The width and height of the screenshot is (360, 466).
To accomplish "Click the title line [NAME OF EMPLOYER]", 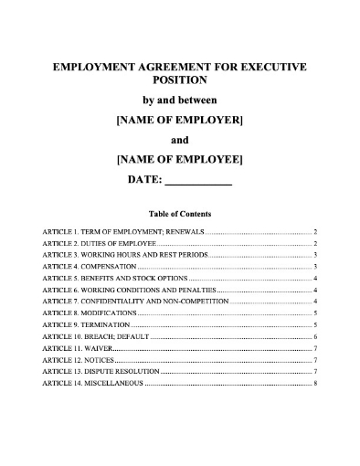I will (179, 120).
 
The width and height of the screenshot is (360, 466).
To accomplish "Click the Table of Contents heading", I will (179, 213).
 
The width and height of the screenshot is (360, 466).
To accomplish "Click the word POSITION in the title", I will (179, 81).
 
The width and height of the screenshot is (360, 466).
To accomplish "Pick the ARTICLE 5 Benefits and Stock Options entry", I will (114, 278).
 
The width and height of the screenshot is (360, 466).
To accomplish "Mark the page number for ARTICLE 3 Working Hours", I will (314, 256).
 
